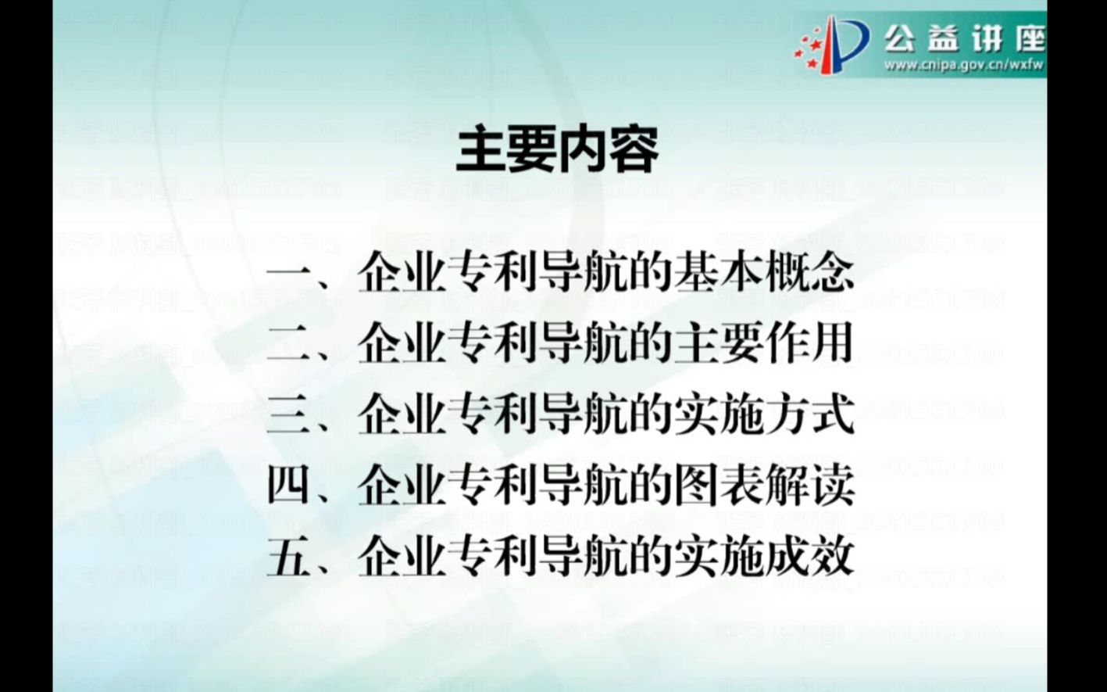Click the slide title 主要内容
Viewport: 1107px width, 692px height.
click(557, 150)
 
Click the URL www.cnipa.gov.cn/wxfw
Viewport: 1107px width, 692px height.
click(963, 65)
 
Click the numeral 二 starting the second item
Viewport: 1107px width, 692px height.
click(289, 344)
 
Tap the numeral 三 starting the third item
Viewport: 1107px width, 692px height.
click(289, 415)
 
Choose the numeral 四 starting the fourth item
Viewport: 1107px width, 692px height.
click(289, 486)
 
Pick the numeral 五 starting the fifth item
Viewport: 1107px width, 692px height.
click(289, 557)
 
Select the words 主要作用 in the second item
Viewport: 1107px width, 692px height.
click(762, 344)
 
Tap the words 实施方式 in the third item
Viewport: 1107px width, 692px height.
click(762, 415)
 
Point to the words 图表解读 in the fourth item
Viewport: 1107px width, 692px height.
click(762, 486)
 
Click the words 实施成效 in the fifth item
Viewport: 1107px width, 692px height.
click(762, 557)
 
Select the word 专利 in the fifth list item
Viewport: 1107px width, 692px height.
click(491, 557)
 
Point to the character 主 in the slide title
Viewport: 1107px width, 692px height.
click(480, 150)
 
